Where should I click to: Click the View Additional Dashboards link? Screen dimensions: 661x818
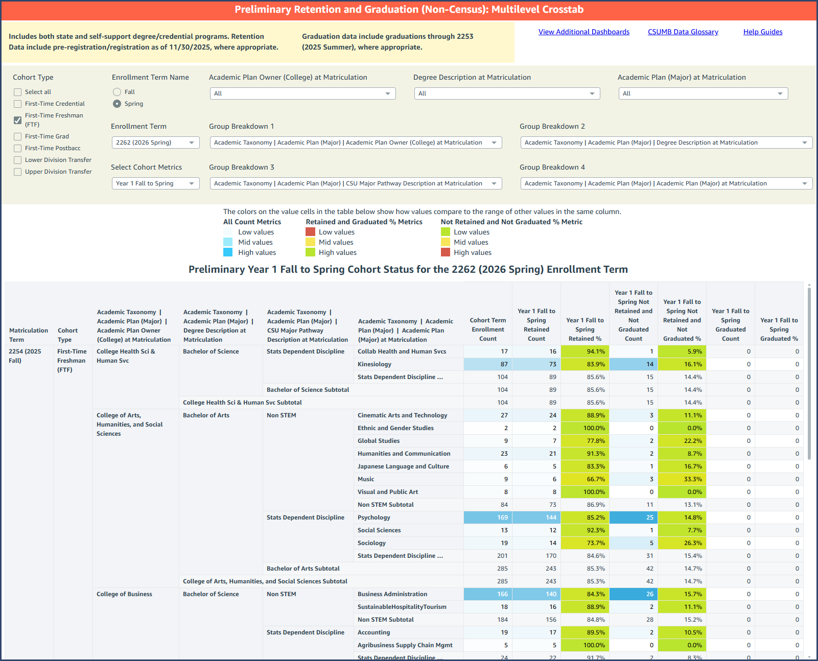click(x=583, y=32)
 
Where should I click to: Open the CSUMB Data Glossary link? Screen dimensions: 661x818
click(x=683, y=32)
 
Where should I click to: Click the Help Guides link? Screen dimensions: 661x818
click(x=762, y=32)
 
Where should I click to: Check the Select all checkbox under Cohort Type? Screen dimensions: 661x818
click(x=18, y=92)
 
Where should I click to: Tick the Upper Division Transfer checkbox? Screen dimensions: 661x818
click(x=18, y=172)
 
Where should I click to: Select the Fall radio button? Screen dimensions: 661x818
click(x=117, y=92)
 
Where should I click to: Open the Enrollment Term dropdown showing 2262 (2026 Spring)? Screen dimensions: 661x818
click(x=155, y=143)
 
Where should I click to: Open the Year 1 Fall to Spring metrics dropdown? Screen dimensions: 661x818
click(x=155, y=183)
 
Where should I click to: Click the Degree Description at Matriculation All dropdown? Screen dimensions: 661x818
click(x=507, y=93)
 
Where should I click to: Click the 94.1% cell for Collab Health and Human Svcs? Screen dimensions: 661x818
click(x=585, y=351)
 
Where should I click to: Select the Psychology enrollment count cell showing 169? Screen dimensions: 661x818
click(x=488, y=517)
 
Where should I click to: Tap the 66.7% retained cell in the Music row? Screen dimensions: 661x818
click(x=585, y=479)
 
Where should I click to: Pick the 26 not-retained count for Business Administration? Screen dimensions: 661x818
click(x=634, y=594)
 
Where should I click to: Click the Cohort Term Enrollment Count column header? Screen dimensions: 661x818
click(x=488, y=329)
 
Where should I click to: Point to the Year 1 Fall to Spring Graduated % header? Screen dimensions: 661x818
click(x=779, y=329)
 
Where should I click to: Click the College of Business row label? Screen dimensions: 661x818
click(x=124, y=594)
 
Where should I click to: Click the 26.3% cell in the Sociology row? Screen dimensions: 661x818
click(x=682, y=543)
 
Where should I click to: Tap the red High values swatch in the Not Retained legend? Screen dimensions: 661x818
click(x=446, y=252)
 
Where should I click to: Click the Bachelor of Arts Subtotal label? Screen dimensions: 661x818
click(x=303, y=569)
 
